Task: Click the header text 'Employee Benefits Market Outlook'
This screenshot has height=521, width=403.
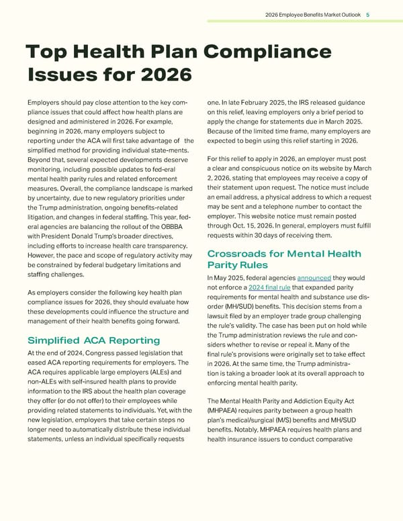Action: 320,13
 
